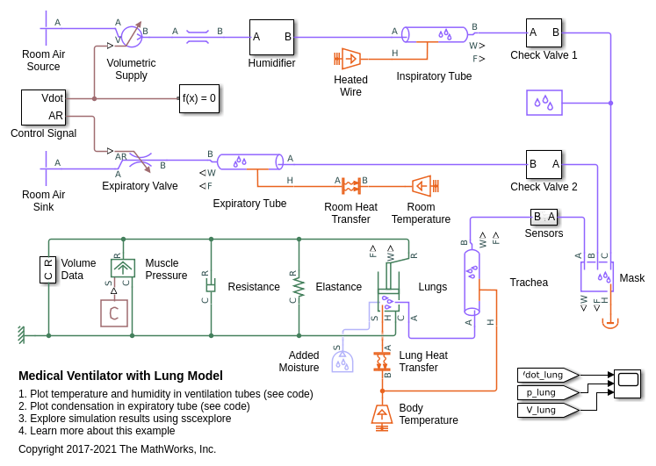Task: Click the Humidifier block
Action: click(x=271, y=37)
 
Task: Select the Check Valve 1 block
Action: click(x=544, y=33)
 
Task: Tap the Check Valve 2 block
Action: click(x=544, y=164)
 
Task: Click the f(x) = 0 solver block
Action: click(x=199, y=98)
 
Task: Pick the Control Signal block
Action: click(x=44, y=107)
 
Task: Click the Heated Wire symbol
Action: click(x=350, y=59)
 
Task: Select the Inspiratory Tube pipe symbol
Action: click(x=435, y=34)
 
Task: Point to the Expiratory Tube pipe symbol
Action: click(x=250, y=161)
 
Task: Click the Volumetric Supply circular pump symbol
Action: click(x=131, y=36)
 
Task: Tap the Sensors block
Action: click(x=544, y=217)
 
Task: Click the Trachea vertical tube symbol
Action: click(x=472, y=281)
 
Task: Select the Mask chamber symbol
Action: click(x=597, y=276)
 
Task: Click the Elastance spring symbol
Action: click(x=299, y=287)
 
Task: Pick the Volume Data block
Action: click(x=48, y=269)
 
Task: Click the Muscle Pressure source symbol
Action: click(x=123, y=268)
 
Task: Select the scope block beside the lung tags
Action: click(x=627, y=384)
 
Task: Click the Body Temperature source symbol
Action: click(x=382, y=414)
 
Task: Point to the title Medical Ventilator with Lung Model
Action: click(x=120, y=376)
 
